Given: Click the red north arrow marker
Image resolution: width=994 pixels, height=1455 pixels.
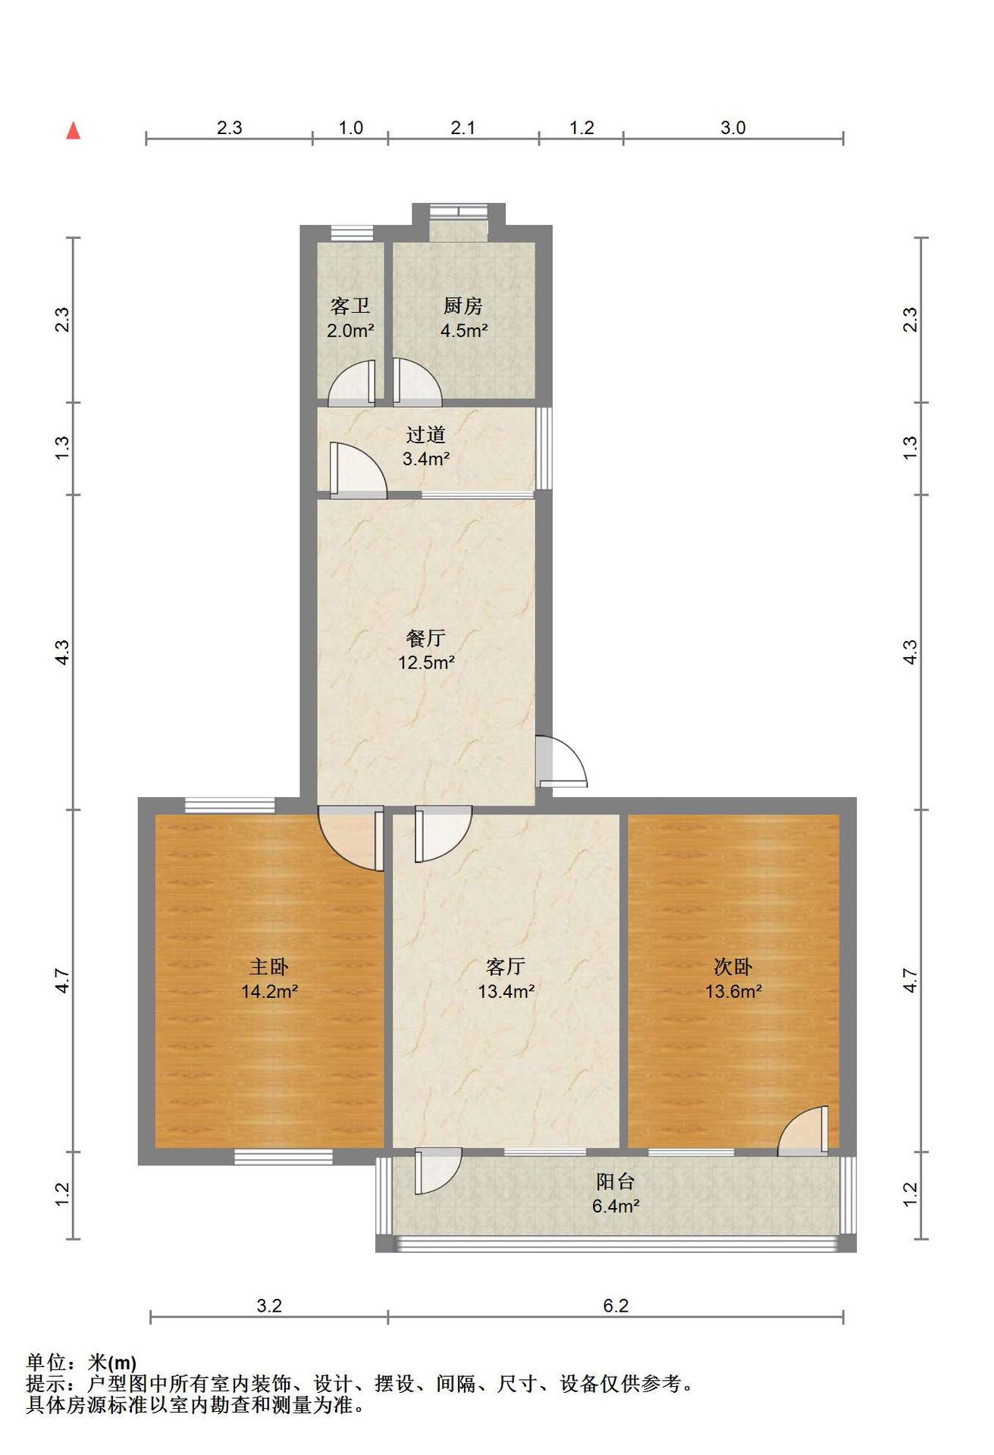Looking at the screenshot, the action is click(74, 131).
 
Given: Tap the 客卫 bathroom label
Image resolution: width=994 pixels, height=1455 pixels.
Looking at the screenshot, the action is click(350, 306).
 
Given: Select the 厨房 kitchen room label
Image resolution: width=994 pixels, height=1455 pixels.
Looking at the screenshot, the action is click(463, 306).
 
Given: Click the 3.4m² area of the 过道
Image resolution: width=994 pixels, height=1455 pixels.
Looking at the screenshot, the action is click(426, 459).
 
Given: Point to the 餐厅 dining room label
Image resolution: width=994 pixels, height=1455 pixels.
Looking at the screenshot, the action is click(426, 639).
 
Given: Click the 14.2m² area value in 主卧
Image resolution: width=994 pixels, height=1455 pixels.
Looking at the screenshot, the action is click(269, 992).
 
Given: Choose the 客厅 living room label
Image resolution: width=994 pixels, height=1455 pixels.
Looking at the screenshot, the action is click(506, 967).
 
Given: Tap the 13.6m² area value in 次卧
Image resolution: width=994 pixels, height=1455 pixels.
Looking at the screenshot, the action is click(734, 992).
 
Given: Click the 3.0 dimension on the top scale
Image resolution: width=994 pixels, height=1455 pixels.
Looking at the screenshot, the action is click(733, 128).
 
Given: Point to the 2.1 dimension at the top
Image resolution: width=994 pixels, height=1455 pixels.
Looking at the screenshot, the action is click(463, 128).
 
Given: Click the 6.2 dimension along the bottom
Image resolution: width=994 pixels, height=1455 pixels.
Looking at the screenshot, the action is click(616, 1306).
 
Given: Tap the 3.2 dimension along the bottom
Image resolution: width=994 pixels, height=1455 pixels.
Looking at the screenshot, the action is click(269, 1306).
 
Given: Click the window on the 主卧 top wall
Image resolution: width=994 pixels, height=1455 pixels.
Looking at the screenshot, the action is click(230, 806).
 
